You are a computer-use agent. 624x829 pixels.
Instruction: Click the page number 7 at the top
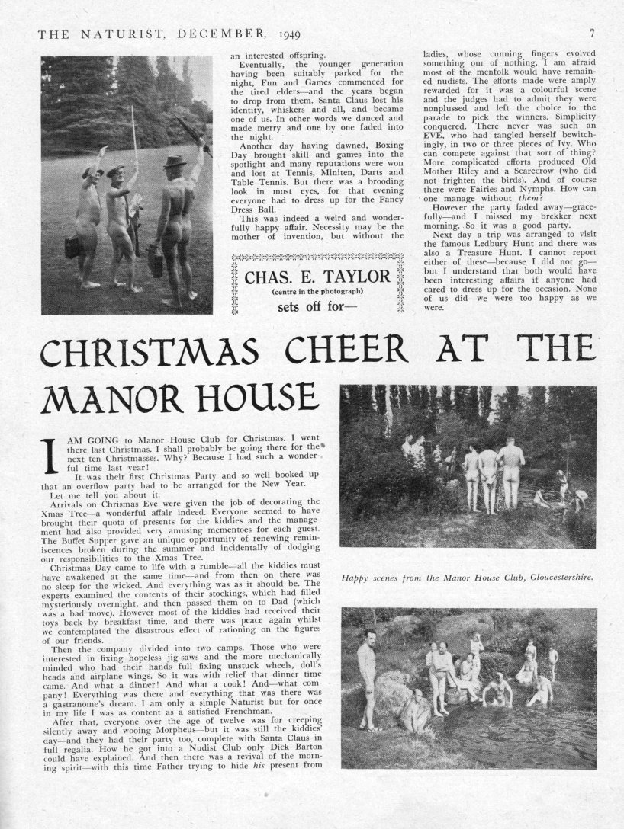click(x=592, y=34)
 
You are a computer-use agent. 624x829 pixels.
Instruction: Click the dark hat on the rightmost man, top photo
click(x=175, y=162)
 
